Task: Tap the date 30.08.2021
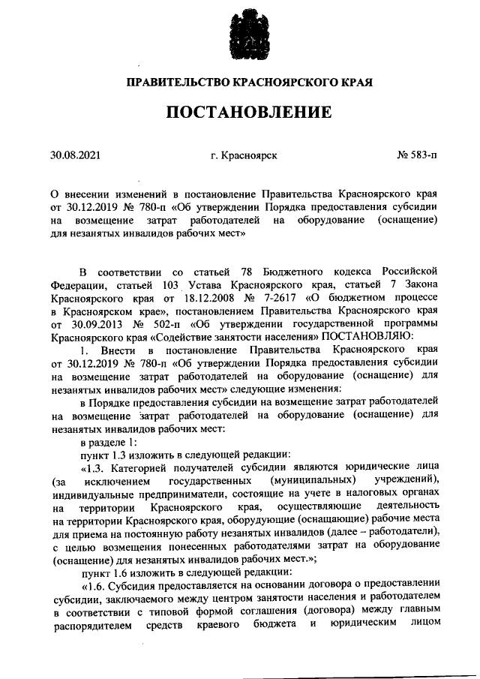[x=75, y=156]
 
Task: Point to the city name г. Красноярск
[x=244, y=156]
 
